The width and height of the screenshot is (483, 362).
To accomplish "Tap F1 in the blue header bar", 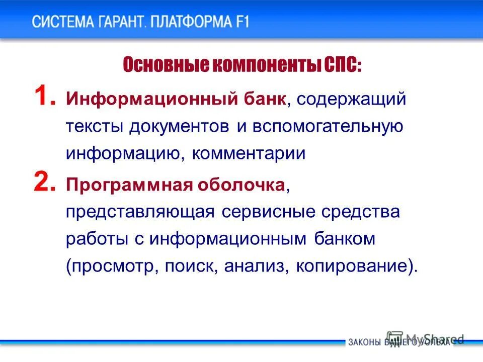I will click(x=240, y=22).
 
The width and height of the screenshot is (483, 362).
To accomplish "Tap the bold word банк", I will click(x=266, y=99).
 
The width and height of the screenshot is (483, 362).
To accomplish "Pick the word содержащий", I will click(x=351, y=99).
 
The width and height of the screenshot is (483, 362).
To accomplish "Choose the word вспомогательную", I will click(x=327, y=126).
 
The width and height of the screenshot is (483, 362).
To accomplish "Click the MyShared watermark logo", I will click(x=425, y=338).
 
